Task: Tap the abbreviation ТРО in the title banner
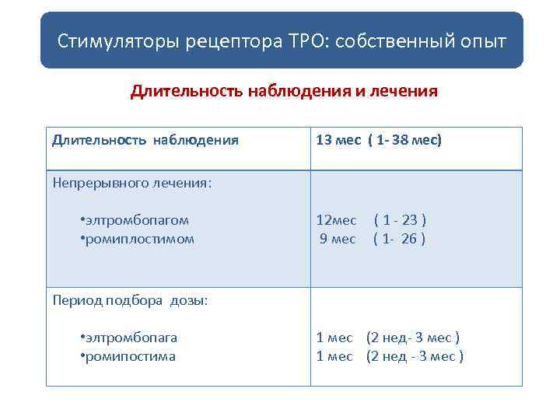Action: [x=306, y=40]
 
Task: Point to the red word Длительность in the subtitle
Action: [x=187, y=92]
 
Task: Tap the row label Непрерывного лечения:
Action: [x=133, y=184]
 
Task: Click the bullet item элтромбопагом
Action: [x=137, y=220]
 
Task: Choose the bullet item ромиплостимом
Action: [x=139, y=239]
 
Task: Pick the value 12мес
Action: [x=337, y=220]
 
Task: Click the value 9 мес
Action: [x=338, y=239]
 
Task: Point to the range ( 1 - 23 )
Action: [x=400, y=220]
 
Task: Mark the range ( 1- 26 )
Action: [x=399, y=239]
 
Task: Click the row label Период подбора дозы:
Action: [x=131, y=300]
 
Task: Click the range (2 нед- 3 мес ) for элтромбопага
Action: [x=413, y=338]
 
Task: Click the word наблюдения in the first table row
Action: [x=196, y=141]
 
